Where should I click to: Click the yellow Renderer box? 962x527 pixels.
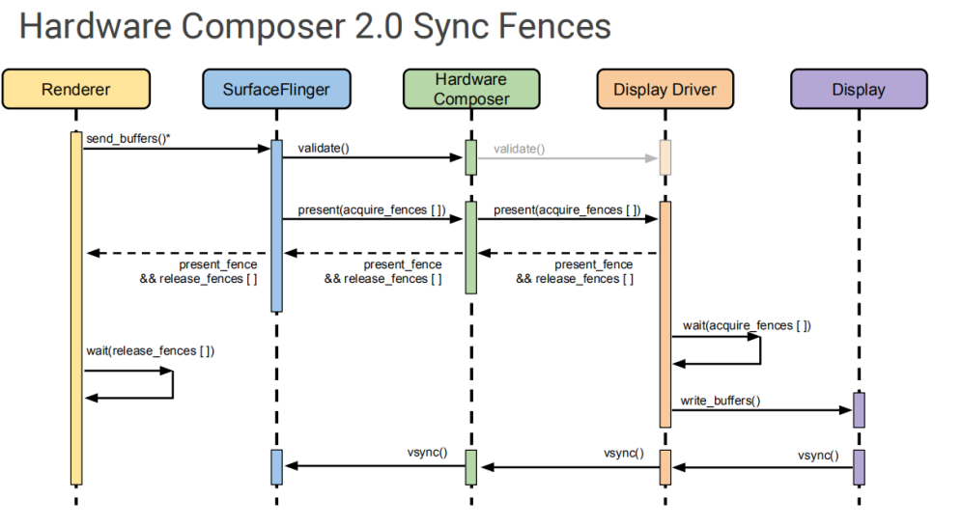pos(76,89)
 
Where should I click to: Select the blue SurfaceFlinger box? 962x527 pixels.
pos(276,89)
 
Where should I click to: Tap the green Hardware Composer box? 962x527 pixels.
pos(471,89)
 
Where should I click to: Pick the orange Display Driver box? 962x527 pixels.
pos(665,89)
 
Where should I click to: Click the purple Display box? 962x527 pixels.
pos(858,89)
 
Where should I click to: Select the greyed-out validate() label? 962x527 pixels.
pos(519,149)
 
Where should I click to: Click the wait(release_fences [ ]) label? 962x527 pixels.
pos(150,349)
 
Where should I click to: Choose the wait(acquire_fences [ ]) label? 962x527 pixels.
pos(747,325)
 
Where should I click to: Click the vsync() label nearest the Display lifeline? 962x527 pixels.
pos(818,456)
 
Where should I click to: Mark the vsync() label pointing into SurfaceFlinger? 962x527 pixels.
pos(426,452)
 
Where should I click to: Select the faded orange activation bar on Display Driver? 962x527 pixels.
pos(665,157)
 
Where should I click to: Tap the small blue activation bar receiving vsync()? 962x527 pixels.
pos(276,466)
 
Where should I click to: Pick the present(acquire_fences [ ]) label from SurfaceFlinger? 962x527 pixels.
pos(371,209)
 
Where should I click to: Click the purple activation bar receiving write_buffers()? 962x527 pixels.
pos(858,409)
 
